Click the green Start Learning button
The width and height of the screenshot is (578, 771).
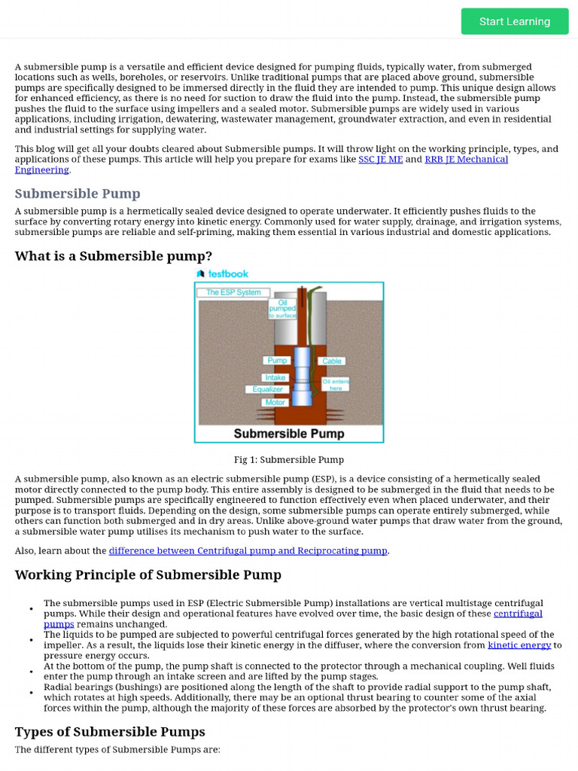click(x=515, y=21)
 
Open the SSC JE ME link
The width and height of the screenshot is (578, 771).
click(x=380, y=160)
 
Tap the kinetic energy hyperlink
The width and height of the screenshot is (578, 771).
click(x=519, y=645)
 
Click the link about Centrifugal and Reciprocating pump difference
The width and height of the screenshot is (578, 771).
click(x=248, y=551)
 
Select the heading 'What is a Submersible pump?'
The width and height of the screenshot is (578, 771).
click(x=114, y=256)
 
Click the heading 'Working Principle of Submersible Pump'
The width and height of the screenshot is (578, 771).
click(x=148, y=575)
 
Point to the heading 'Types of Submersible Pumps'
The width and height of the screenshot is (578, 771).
click(x=110, y=732)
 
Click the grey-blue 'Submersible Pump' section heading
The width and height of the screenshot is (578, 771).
click(x=78, y=194)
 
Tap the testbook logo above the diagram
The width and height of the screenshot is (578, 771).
click(x=222, y=274)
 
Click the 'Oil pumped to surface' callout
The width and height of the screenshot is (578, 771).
click(x=282, y=309)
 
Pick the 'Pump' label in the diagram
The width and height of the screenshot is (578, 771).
click(x=277, y=361)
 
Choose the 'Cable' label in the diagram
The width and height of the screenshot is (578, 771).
click(x=332, y=361)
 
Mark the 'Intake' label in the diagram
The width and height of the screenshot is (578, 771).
click(x=275, y=377)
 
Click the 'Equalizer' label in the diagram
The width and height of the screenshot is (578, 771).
click(x=267, y=389)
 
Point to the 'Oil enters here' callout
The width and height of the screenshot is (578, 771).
click(x=336, y=385)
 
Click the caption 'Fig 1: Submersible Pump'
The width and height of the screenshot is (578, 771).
click(x=289, y=460)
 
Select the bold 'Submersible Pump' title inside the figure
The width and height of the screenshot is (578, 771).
click(x=289, y=434)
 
